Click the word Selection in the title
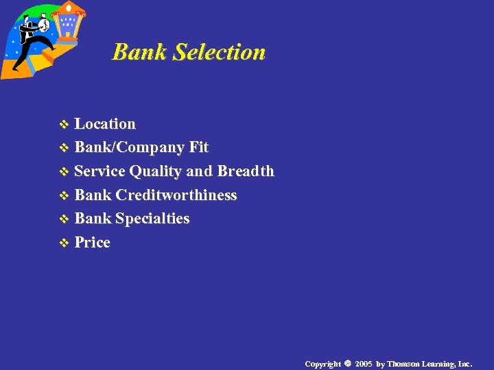point(220,52)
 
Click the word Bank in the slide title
point(140,52)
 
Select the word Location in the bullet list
point(105,124)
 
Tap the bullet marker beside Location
point(64,125)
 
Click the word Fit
point(199,147)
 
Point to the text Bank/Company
point(130,148)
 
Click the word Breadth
point(245,171)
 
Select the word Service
point(99,171)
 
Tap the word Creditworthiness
point(176,195)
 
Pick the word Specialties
point(152,219)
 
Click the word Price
point(92,243)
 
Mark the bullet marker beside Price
point(64,243)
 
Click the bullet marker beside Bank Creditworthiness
point(64,196)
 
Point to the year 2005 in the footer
point(364,364)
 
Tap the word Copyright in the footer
point(322,364)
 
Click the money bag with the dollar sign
point(43,25)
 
